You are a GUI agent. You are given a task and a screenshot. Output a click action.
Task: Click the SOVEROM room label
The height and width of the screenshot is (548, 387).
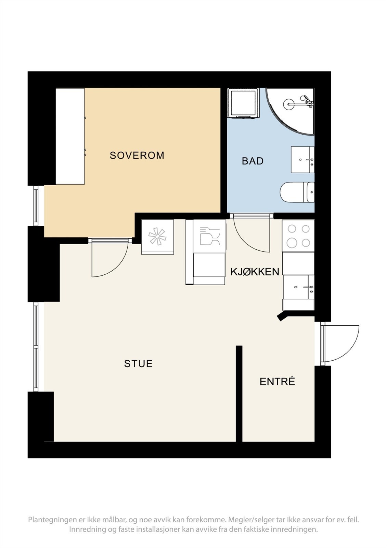click(x=137, y=155)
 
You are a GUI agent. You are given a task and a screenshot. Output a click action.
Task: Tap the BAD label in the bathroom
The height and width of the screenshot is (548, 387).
click(x=253, y=161)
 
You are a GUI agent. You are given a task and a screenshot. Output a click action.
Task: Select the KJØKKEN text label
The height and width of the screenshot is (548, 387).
click(x=255, y=272)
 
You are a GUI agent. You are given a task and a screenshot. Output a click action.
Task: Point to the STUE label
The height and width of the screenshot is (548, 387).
click(x=138, y=363)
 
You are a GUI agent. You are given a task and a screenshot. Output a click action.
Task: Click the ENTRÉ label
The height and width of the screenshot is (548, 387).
click(x=277, y=382)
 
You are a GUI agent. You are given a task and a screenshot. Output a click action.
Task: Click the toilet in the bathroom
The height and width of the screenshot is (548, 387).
click(x=297, y=192)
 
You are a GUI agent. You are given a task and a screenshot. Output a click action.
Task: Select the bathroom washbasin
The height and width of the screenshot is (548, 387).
click(x=302, y=160)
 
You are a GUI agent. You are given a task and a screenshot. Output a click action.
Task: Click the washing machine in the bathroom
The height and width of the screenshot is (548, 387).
click(x=243, y=103)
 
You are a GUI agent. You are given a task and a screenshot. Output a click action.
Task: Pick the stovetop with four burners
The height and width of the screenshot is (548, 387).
click(x=298, y=236)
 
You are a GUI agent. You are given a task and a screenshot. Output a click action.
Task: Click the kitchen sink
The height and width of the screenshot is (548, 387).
click(x=298, y=287)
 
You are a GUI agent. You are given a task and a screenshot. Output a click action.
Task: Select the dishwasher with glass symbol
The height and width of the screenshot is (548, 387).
click(x=209, y=236)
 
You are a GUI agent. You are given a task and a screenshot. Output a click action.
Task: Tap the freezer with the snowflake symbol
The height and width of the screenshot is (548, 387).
click(x=157, y=237)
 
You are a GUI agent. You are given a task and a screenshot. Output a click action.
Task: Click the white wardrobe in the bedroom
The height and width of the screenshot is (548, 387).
click(x=70, y=136)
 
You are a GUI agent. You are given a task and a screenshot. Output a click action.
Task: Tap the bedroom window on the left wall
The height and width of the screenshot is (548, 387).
click(x=36, y=206)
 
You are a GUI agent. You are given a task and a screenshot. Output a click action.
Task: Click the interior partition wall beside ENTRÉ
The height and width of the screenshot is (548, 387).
click(x=239, y=394)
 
